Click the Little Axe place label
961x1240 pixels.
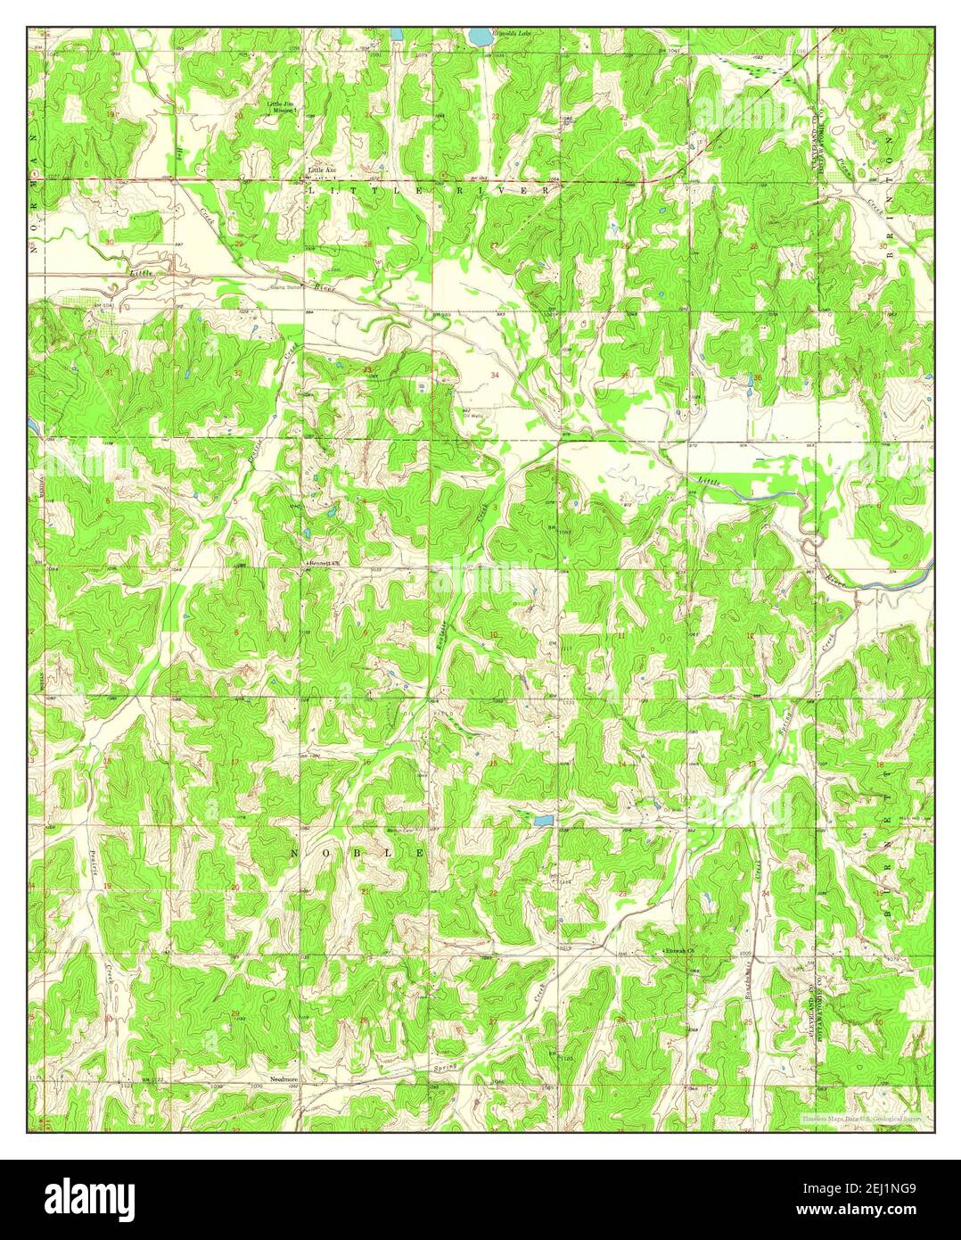point(322,169)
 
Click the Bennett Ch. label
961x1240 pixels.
point(326,565)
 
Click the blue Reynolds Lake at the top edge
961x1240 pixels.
point(480,37)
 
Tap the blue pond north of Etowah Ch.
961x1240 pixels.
point(541,818)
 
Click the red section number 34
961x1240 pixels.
point(494,376)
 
